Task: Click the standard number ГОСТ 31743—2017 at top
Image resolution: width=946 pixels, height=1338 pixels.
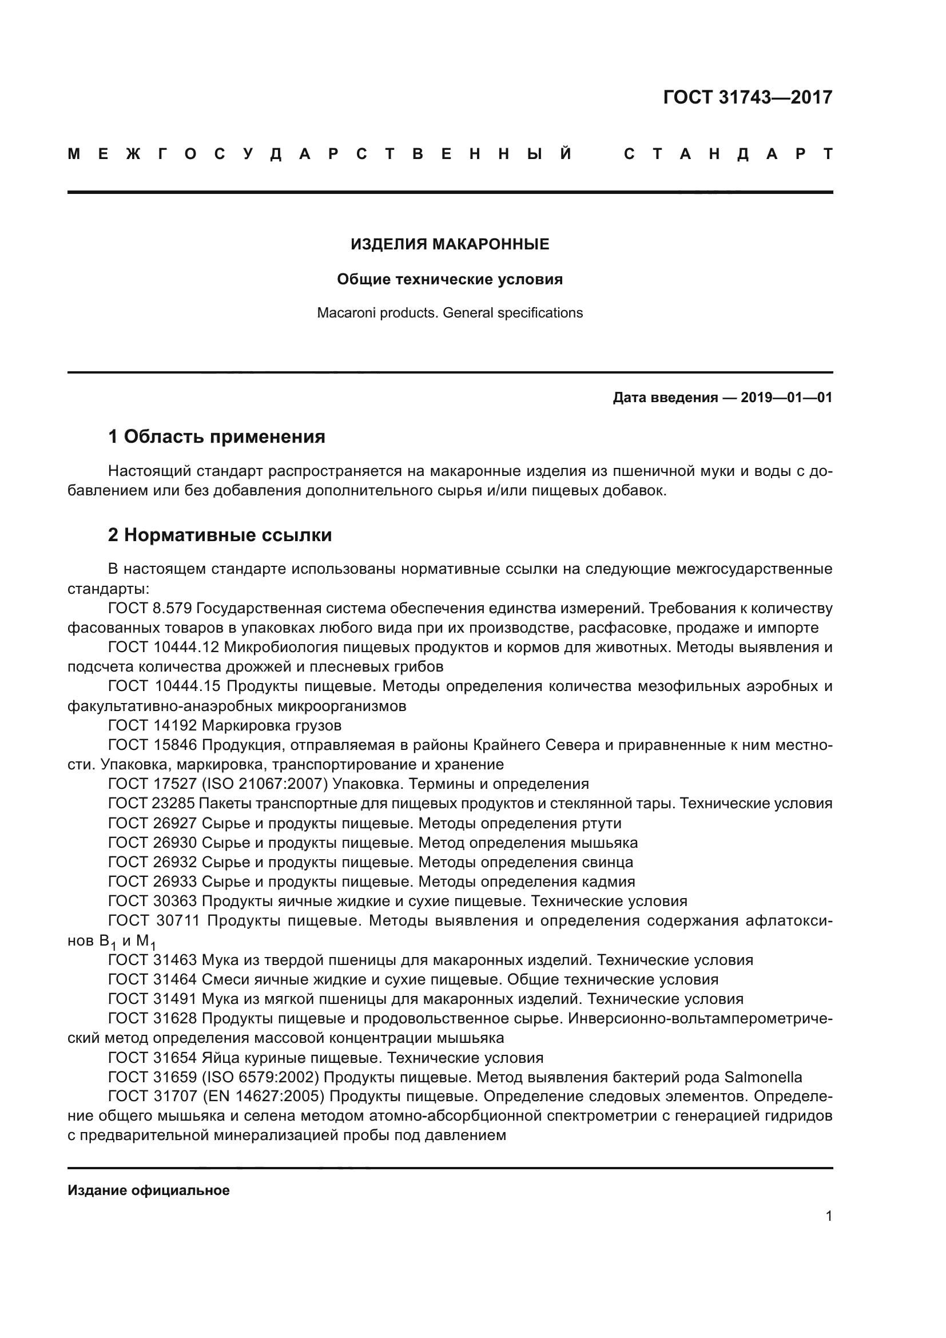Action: coord(748,97)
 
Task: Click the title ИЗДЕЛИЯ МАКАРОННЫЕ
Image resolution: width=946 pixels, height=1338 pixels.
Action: coord(450,244)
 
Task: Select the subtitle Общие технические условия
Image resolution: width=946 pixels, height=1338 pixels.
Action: coord(450,279)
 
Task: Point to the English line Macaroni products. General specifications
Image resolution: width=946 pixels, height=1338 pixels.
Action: coord(450,313)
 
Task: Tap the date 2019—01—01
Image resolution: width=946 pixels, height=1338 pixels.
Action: coord(786,398)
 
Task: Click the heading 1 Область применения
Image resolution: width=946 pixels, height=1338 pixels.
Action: coord(217,436)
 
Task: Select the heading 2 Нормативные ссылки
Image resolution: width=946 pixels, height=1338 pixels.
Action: coord(220,535)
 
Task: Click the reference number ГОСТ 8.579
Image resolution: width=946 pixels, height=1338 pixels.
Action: coord(150,609)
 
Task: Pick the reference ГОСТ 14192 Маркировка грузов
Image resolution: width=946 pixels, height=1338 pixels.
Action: coord(225,725)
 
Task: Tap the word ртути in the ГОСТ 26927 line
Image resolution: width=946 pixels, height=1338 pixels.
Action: coord(602,823)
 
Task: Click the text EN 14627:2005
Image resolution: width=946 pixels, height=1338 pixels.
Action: coord(263,1097)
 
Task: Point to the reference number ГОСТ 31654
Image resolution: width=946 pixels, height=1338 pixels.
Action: coord(153,1058)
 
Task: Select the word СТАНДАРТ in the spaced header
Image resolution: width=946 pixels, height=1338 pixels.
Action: coord(728,154)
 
